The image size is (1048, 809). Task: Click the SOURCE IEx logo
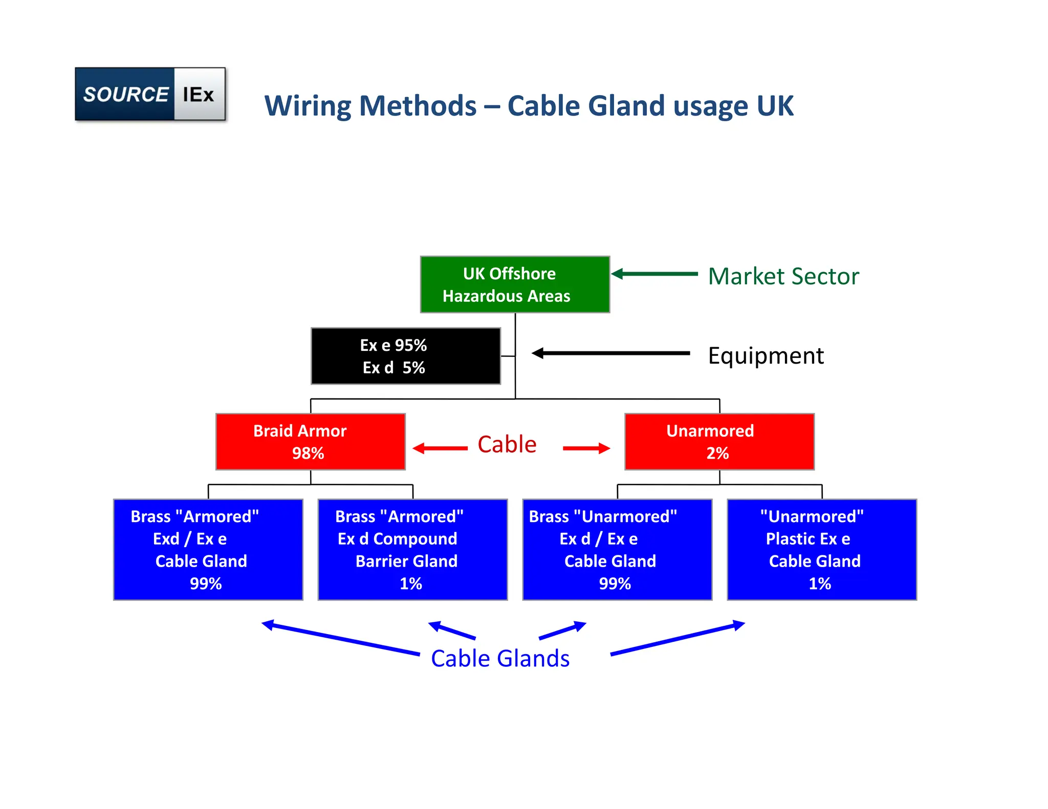pyautogui.click(x=150, y=94)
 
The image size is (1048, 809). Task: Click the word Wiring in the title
pyautogui.click(x=308, y=106)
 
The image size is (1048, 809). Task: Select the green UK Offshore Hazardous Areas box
pyautogui.click(x=514, y=284)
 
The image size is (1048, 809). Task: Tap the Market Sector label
pyautogui.click(x=783, y=276)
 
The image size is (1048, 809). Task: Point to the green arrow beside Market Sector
pyautogui.click(x=655, y=274)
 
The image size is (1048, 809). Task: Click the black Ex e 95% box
pyautogui.click(x=405, y=356)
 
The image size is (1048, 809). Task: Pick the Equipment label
pyautogui.click(x=766, y=355)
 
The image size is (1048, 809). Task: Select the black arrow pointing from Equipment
pyautogui.click(x=611, y=353)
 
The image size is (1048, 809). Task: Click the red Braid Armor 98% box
pyautogui.click(x=310, y=442)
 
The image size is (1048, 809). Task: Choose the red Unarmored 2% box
pyautogui.click(x=719, y=442)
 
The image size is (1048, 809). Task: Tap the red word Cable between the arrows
pyautogui.click(x=507, y=444)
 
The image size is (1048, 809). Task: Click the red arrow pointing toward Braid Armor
pyautogui.click(x=440, y=448)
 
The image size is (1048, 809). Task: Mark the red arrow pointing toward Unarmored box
pyautogui.click(x=586, y=448)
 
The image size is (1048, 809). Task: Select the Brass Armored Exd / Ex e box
pyautogui.click(x=208, y=549)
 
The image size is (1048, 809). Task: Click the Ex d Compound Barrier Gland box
pyautogui.click(x=412, y=549)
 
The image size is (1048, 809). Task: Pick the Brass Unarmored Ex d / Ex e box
pyautogui.click(x=617, y=549)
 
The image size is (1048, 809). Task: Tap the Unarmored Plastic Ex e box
pyautogui.click(x=821, y=549)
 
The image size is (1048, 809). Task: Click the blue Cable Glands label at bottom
pyautogui.click(x=500, y=659)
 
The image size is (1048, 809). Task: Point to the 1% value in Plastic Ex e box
pyautogui.click(x=819, y=583)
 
